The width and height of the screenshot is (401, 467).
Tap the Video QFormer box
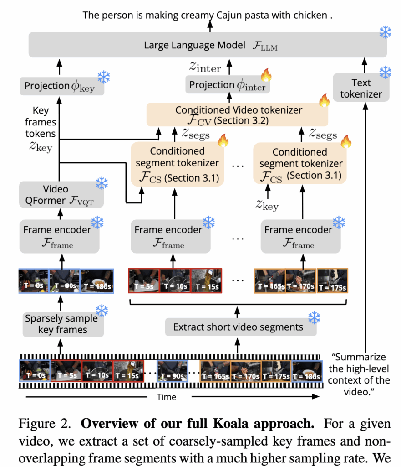click(x=59, y=195)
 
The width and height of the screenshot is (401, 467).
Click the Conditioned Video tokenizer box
click(x=237, y=115)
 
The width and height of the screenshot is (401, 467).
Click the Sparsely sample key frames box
click(x=61, y=324)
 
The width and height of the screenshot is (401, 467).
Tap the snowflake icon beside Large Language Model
click(x=385, y=32)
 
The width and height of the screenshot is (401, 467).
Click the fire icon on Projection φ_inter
click(x=264, y=73)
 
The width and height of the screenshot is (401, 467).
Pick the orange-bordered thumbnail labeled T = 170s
click(x=300, y=280)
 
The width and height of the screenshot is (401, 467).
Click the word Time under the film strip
click(x=166, y=397)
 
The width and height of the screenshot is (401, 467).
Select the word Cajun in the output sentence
click(x=232, y=15)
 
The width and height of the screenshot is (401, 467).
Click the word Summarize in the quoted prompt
click(x=365, y=357)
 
